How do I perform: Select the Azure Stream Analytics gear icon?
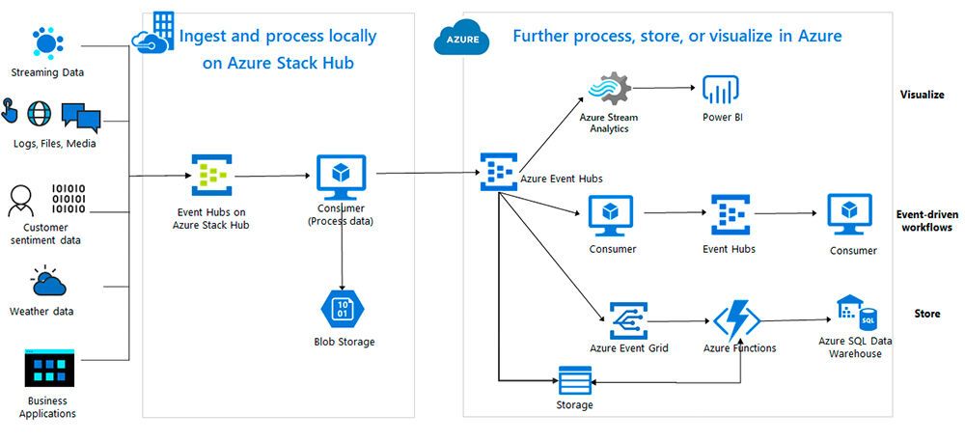click(609, 89)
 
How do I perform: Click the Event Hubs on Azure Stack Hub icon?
click(211, 175)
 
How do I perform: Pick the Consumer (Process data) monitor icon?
click(340, 175)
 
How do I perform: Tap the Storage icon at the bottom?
click(574, 379)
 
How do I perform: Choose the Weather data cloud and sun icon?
click(47, 281)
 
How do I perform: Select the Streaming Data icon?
click(46, 43)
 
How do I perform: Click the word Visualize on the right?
click(922, 95)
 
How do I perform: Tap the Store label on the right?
click(926, 314)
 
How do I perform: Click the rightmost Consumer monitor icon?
click(849, 213)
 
